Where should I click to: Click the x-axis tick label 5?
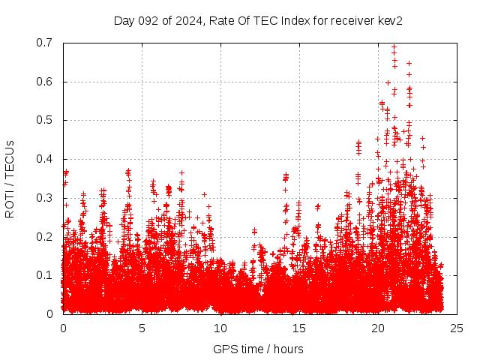coord(142,328)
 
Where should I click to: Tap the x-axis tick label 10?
coord(220,328)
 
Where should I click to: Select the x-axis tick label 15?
coord(299,328)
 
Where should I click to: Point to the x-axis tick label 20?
coord(378,328)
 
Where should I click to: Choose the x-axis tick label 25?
coord(457,328)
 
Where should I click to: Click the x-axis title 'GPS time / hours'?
coord(258,349)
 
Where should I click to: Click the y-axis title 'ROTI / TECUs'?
coord(10,178)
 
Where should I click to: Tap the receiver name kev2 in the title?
coord(390,20)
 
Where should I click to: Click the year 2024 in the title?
coord(186,20)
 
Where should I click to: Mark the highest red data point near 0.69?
coord(394,46)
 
